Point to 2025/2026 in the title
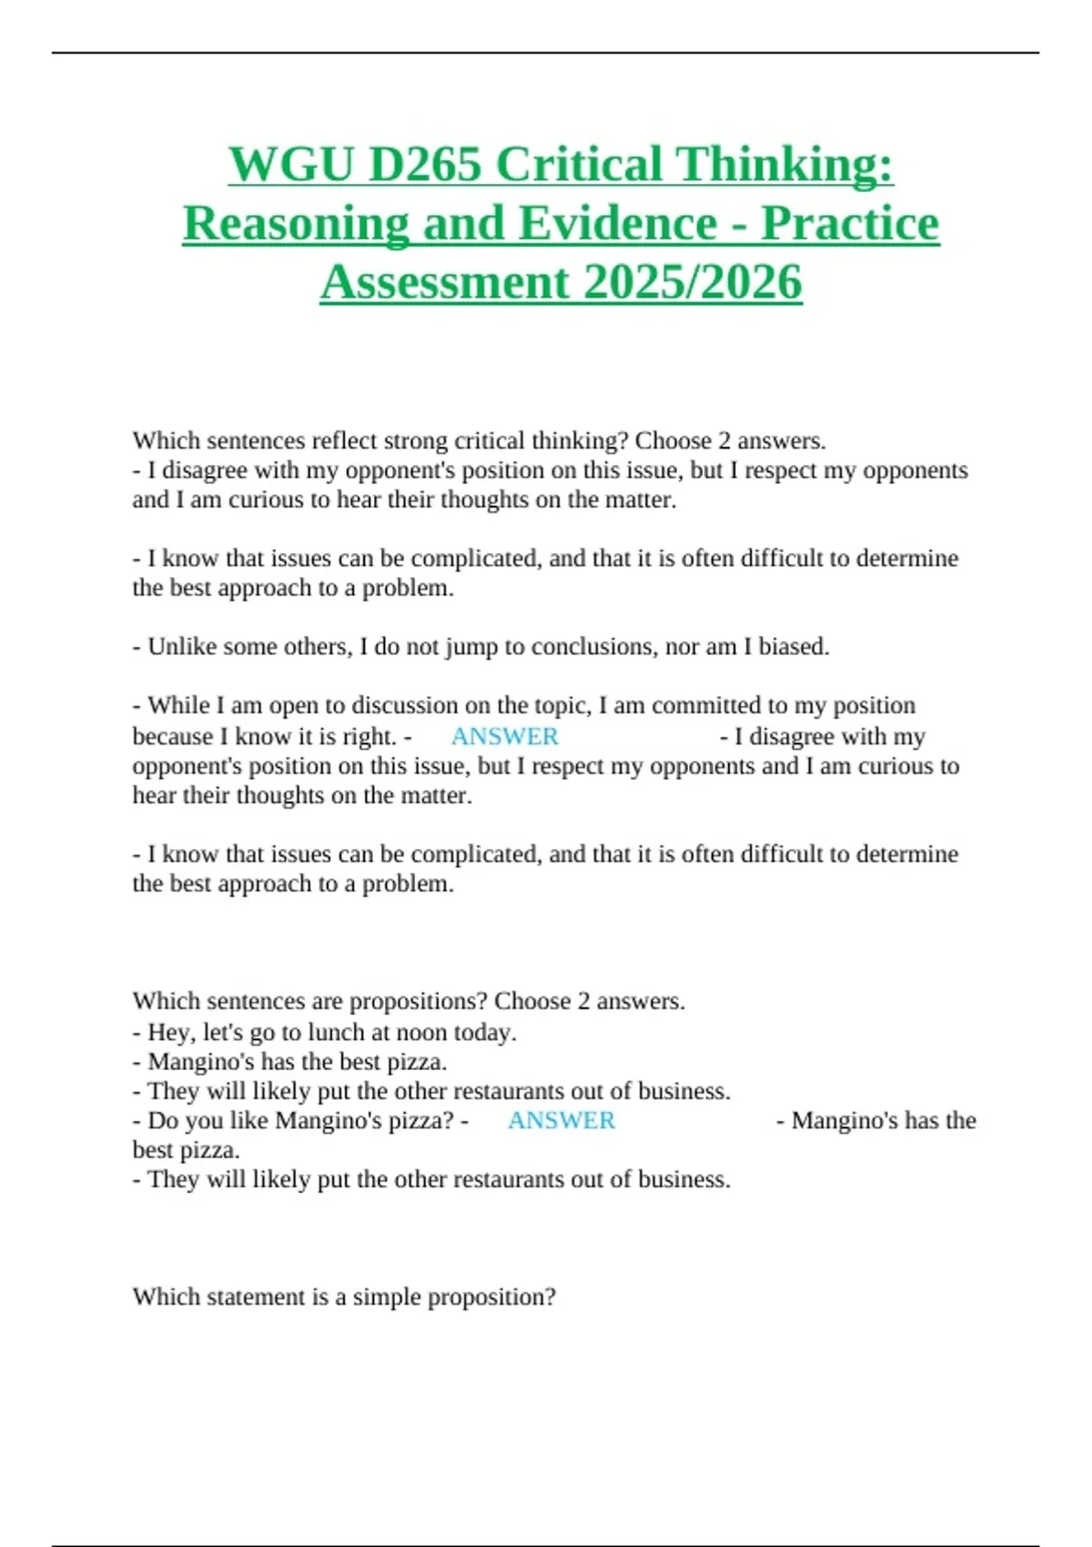click(x=693, y=282)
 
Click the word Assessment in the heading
click(x=444, y=282)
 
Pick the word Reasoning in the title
click(x=296, y=224)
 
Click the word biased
click(x=794, y=647)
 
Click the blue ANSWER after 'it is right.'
click(x=504, y=736)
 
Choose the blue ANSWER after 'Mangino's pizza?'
click(x=561, y=1120)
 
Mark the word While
click(x=178, y=706)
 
